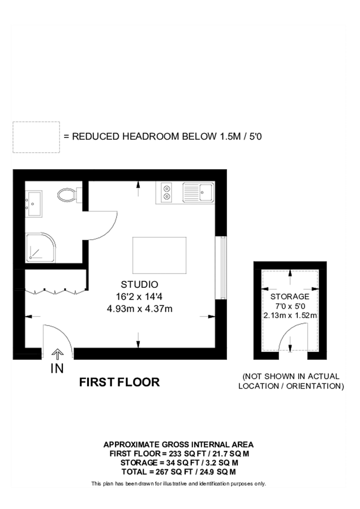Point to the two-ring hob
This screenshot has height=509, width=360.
[x=168, y=192]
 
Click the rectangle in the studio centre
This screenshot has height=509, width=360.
[x=159, y=256]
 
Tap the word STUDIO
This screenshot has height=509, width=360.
[x=139, y=284]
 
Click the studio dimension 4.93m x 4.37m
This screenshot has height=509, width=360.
[x=139, y=309]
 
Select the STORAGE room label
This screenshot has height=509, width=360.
[x=290, y=296]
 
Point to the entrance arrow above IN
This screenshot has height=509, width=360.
[x=57, y=354]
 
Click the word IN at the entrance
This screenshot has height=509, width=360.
[x=57, y=369]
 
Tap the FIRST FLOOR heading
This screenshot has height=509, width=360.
[x=119, y=382]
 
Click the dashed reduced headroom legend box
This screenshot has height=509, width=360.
[x=36, y=137]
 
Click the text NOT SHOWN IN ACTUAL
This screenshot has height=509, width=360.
[x=290, y=376]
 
